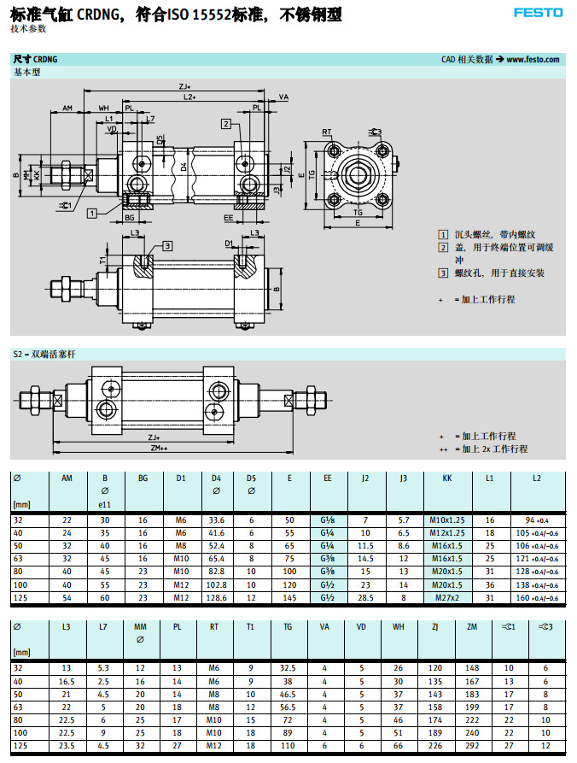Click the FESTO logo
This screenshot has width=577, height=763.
(538, 12)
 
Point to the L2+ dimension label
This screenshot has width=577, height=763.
(189, 98)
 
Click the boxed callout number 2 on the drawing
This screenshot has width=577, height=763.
(225, 124)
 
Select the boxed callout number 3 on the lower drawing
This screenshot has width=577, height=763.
(168, 245)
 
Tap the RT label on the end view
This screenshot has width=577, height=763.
(327, 132)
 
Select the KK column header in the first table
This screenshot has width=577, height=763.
(447, 478)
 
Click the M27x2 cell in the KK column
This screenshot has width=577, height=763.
(447, 597)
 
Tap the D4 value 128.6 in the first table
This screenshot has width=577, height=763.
(217, 597)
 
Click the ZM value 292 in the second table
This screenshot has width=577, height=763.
(473, 746)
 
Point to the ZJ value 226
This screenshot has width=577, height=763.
(435, 746)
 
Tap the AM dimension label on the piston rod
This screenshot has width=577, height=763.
(67, 109)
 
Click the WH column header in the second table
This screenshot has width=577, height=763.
(399, 627)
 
